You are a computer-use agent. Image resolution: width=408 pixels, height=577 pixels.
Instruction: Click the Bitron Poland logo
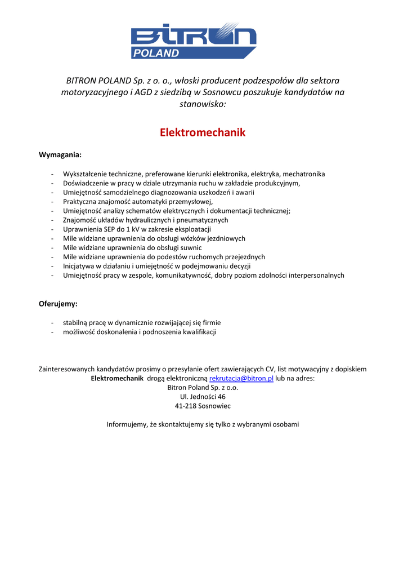[194, 41]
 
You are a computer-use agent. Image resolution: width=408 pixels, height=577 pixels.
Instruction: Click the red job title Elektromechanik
[203, 133]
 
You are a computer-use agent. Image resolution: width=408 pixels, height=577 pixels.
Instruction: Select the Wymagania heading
[60, 154]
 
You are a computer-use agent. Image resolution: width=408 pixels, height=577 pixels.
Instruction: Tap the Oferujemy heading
[58, 304]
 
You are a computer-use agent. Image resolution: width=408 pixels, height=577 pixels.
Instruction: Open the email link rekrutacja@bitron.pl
[241, 378]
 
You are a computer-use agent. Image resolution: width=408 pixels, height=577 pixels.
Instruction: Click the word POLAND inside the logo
[156, 54]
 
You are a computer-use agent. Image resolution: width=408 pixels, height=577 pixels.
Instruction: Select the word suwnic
[190, 248]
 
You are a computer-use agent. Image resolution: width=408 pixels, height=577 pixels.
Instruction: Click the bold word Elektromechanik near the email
[117, 378]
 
